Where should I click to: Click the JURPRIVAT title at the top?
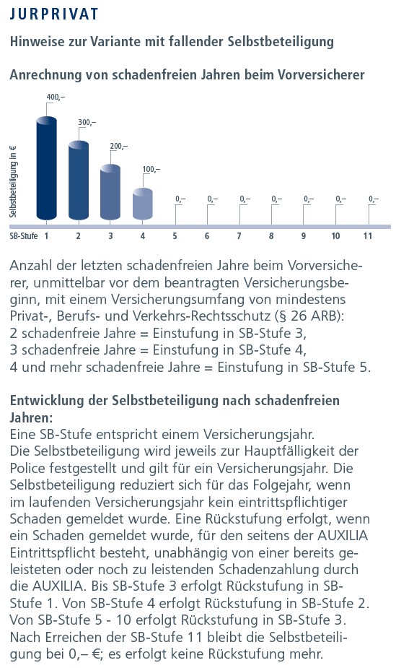54,14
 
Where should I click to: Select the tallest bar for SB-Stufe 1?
46,168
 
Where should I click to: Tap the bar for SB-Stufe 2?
79,181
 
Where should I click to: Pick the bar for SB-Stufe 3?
110,192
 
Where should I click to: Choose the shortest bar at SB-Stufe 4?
143,204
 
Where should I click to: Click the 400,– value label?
56,97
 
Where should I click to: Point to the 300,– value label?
87,122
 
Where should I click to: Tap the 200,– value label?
119,146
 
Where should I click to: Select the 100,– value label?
151,170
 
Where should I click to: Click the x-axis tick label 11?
368,236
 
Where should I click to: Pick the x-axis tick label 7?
239,236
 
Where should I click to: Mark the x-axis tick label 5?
175,236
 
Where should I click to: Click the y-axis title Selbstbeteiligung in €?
13,182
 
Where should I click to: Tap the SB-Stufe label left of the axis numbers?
24,236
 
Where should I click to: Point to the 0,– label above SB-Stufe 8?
277,199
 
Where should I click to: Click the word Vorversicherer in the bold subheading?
321,75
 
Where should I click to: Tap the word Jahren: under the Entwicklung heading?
31,417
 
